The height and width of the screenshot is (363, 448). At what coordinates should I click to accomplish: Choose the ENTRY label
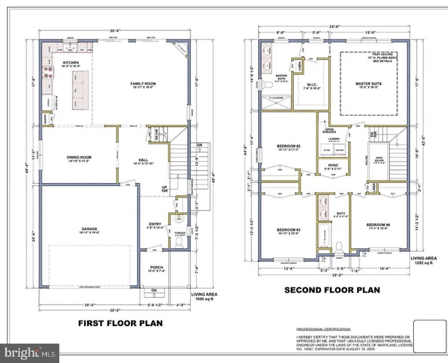point(155,225)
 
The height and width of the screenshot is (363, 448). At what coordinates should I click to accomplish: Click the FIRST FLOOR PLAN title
point(121,324)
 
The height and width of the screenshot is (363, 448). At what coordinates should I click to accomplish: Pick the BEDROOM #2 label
point(289,146)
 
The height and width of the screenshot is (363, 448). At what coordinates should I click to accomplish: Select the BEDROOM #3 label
point(288,230)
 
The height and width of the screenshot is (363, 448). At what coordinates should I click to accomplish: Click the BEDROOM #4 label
point(377,225)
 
